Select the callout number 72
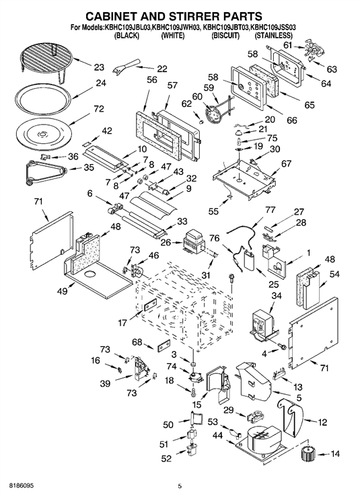pyautogui.click(x=99, y=109)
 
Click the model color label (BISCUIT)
pyautogui.click(x=225, y=36)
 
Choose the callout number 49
pyautogui.click(x=63, y=291)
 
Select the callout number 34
pyautogui.click(x=277, y=296)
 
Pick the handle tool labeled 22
pyautogui.click(x=126, y=65)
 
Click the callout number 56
pyautogui.click(x=152, y=79)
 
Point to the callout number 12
pyautogui.click(x=322, y=422)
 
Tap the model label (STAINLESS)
pyautogui.click(x=273, y=36)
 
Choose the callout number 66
pyautogui.click(x=291, y=120)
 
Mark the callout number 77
pyautogui.click(x=261, y=210)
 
